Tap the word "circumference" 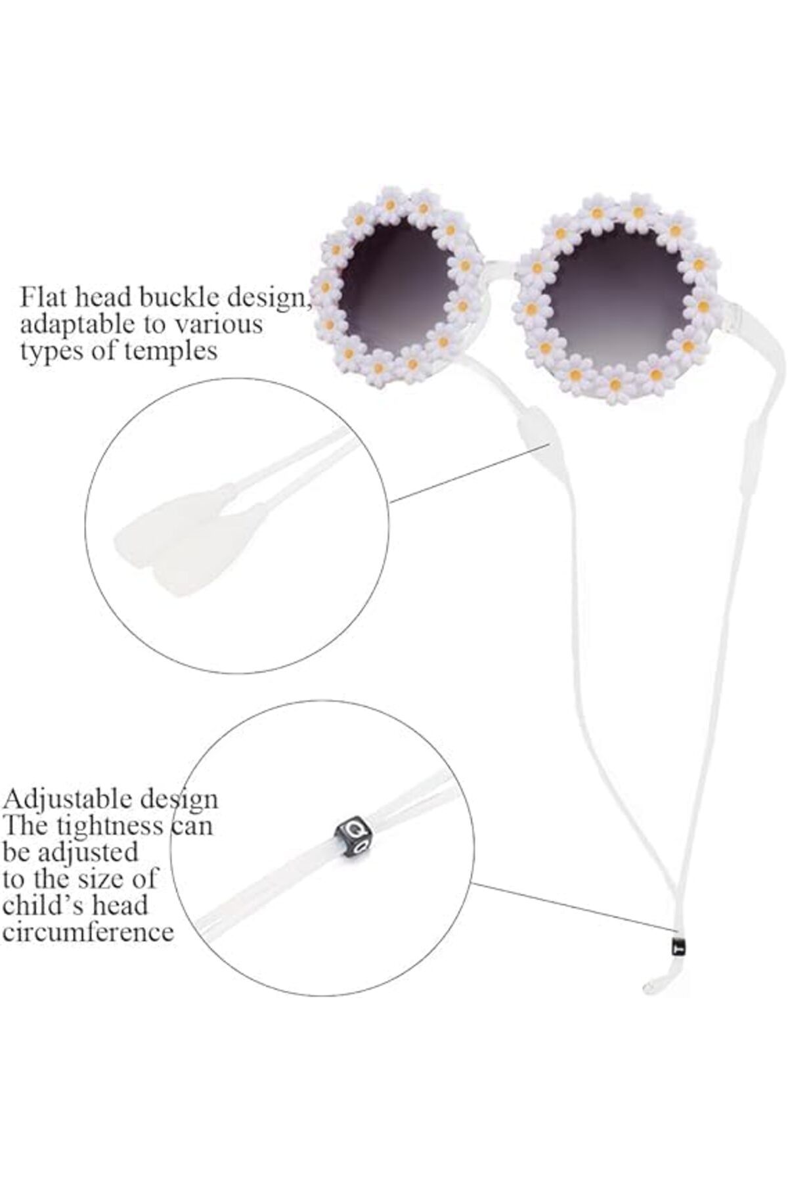(88, 932)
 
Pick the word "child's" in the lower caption (41, 905)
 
